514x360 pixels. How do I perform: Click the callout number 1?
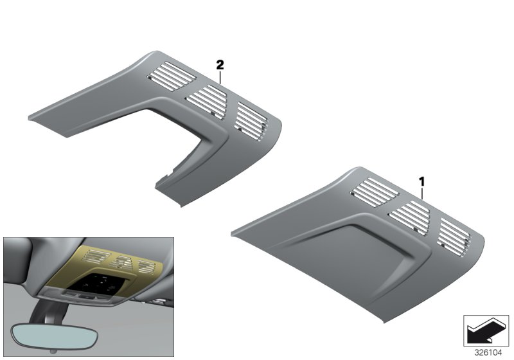[422, 182]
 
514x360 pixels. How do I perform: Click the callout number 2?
[220, 64]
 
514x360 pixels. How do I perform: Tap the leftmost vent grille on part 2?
[172, 76]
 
